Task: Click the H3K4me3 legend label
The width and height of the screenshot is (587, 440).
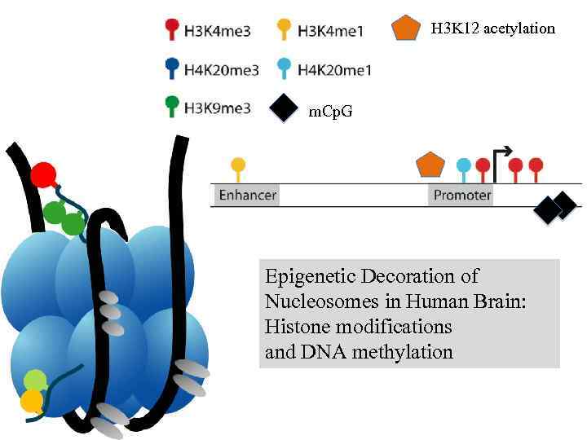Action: (218, 32)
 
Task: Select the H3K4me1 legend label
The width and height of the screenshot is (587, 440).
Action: (330, 32)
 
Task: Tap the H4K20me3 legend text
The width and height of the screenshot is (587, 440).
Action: (222, 70)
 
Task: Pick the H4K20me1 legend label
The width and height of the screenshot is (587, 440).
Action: (334, 70)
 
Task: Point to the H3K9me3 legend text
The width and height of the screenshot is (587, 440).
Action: (218, 108)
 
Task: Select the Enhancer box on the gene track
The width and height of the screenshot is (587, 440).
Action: (248, 196)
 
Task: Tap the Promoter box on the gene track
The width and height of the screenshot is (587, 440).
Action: (461, 196)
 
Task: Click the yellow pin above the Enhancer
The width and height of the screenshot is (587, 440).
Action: (238, 165)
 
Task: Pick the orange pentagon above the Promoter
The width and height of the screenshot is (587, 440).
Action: (430, 164)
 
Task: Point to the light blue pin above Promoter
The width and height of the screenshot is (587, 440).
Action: (464, 166)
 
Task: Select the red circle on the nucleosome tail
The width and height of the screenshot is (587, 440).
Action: (42, 174)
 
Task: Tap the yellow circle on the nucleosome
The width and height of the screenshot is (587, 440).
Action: (32, 400)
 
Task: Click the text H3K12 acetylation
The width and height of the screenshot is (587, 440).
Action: (492, 29)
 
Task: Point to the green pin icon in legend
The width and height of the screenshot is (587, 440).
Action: (171, 104)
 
